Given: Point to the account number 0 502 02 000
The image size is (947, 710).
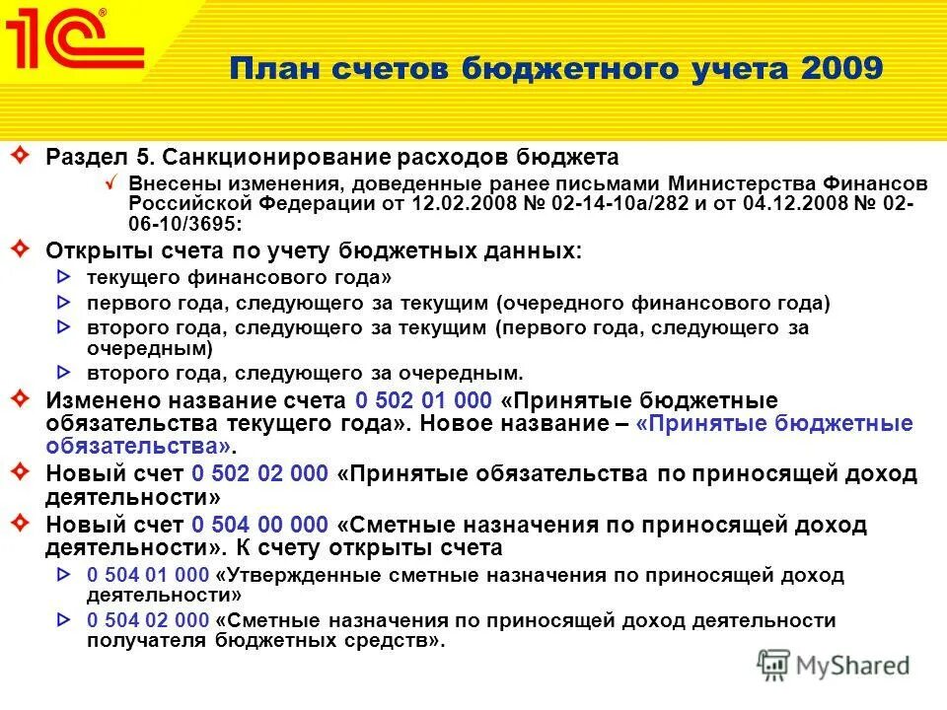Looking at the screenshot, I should [x=259, y=474].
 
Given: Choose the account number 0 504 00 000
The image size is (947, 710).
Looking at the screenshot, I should [x=259, y=525].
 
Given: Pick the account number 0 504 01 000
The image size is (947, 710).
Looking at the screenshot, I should [x=148, y=576].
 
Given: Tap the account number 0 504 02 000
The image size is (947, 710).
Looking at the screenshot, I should [x=148, y=620].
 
